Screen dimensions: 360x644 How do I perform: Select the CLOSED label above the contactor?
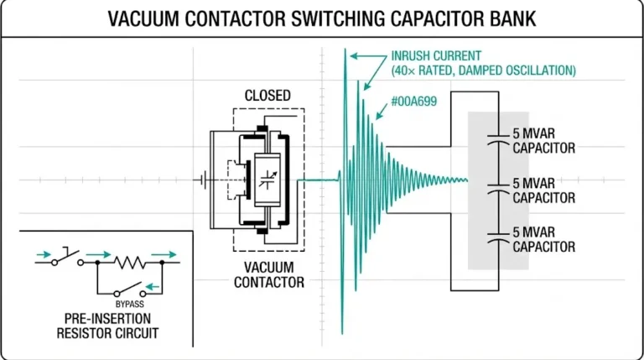[x=267, y=96]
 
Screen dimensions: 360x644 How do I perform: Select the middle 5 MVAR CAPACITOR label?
[x=543, y=190]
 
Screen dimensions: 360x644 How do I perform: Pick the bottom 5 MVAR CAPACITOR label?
[x=543, y=239]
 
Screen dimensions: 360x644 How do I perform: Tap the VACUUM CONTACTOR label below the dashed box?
[x=267, y=274]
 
